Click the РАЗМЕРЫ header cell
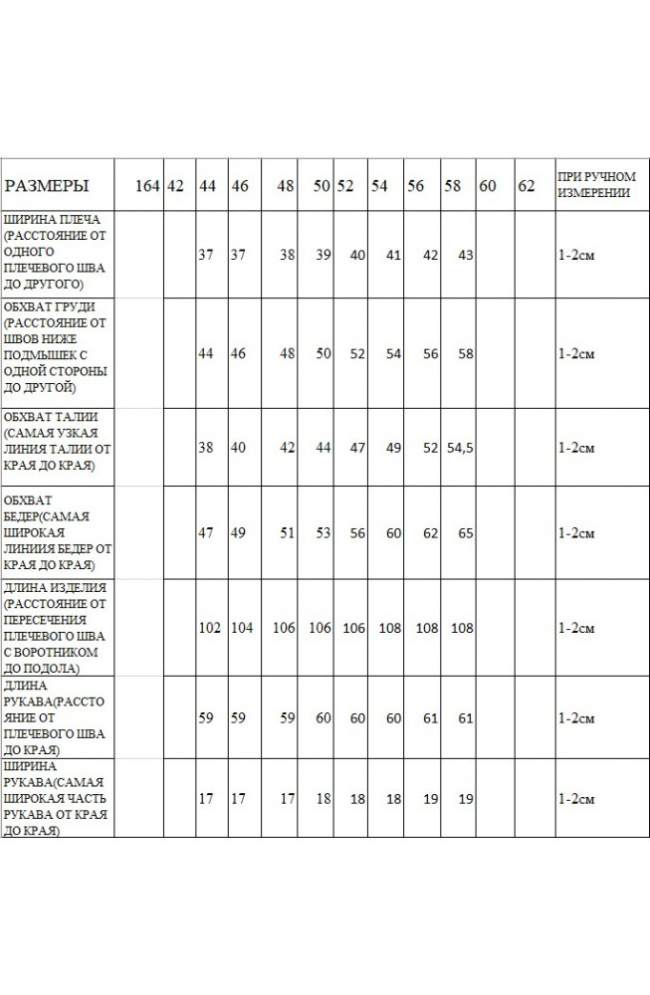point(47,186)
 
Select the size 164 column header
point(147,186)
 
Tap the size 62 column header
point(527,186)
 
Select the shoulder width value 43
point(464,255)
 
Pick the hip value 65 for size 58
point(464,533)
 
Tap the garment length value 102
point(209,628)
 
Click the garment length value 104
point(242,628)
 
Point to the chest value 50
point(321,354)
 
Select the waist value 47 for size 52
point(357,449)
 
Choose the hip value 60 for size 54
point(393,533)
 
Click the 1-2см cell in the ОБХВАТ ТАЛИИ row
point(576,449)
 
